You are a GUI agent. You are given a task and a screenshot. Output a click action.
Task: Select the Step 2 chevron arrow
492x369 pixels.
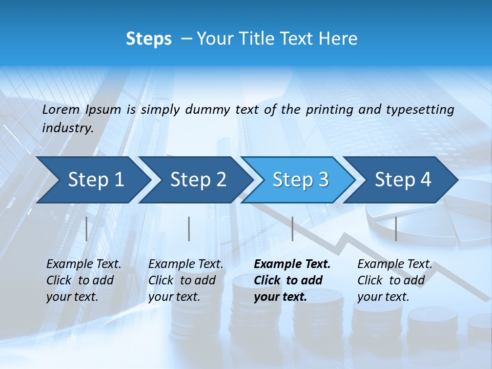[197, 180]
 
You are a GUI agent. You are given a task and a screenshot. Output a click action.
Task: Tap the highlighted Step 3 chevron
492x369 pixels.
[300, 180]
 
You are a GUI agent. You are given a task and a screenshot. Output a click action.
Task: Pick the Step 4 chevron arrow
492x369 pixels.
[402, 180]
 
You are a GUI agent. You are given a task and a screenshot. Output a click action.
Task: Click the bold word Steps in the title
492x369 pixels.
[149, 39]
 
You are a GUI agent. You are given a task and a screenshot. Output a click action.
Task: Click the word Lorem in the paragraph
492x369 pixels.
[61, 109]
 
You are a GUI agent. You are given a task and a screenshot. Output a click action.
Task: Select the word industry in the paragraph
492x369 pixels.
[67, 128]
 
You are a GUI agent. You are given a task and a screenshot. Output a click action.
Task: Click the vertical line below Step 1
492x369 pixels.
[87, 229]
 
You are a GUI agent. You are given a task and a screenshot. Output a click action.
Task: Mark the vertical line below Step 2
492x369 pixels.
[189, 229]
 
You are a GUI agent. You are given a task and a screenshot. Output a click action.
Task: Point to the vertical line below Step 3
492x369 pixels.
[293, 229]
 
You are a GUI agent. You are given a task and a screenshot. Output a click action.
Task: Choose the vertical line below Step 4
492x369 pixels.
[396, 229]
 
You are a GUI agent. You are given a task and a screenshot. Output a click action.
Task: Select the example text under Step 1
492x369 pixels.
[84, 280]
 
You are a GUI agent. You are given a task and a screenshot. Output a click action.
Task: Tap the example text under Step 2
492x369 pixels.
[186, 280]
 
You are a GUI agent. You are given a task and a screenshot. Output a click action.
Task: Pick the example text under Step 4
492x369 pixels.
[395, 280]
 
